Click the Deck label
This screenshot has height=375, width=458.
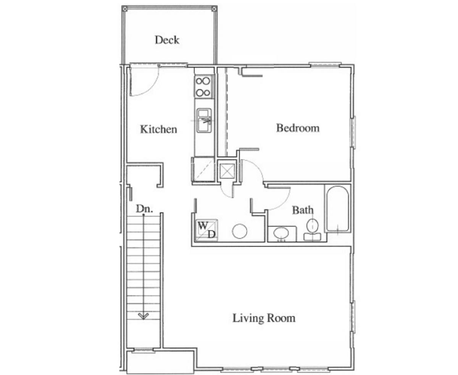coord(167,40)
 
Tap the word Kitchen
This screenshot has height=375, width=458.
coord(158,129)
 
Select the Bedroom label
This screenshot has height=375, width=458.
coord(298,128)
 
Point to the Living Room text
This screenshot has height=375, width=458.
coord(264,318)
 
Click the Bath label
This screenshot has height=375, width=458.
coord(303,210)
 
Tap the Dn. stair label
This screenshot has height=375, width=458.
coord(144,209)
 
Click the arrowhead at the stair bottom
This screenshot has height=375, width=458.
coord(144,316)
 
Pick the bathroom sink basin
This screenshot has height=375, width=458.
coord(282,232)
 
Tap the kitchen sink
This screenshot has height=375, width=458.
coord(204,120)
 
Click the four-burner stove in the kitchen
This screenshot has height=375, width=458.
coord(203,87)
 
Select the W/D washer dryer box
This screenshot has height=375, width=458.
coord(206,230)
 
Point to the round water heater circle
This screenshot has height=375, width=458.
coord(240,231)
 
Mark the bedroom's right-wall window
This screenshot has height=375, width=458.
coord(353,131)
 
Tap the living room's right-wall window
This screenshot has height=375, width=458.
coord(353,316)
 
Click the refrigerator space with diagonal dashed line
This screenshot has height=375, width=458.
coord(203,170)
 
